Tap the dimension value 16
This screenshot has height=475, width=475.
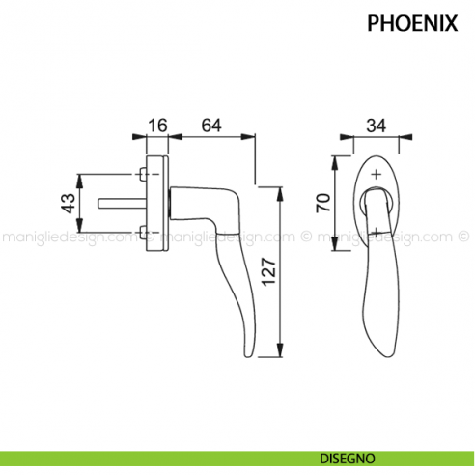click(x=158, y=126)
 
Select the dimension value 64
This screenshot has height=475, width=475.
click(x=212, y=126)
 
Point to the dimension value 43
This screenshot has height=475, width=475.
click(x=67, y=204)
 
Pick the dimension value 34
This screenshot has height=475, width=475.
click(x=377, y=126)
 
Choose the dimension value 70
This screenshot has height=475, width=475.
click(x=324, y=202)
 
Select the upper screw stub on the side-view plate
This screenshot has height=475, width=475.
click(x=144, y=176)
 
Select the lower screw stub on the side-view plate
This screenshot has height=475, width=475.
click(x=144, y=232)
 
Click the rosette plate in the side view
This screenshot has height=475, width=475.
click(x=158, y=204)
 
